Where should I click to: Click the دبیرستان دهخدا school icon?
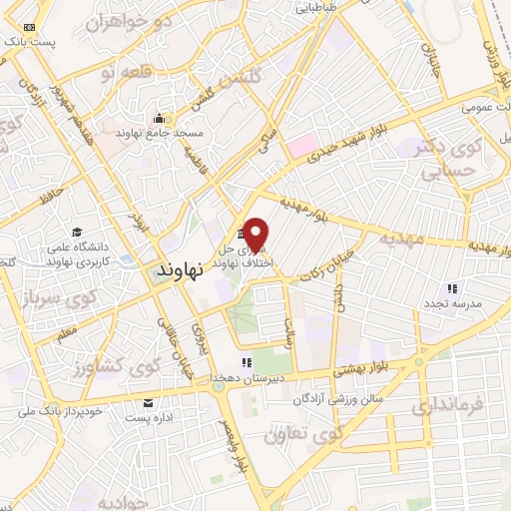[x=245, y=362]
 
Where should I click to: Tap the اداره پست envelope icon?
[x=149, y=403]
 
